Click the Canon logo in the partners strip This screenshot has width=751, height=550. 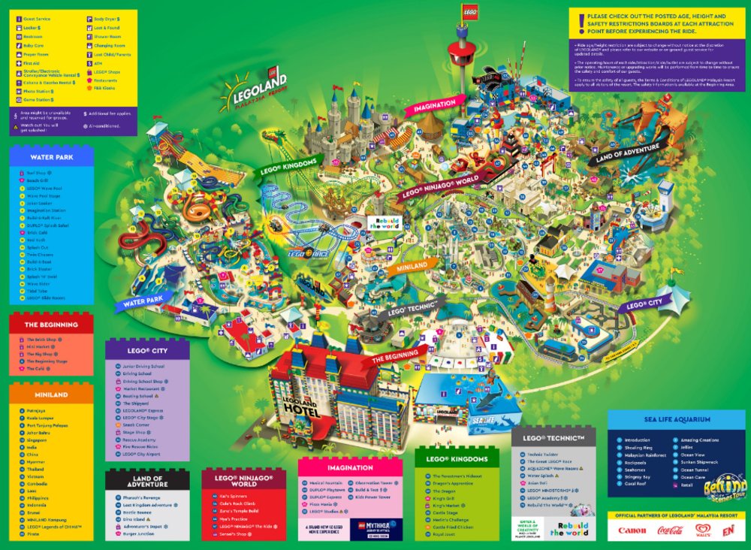point(632,530)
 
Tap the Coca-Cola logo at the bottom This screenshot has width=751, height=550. point(668,530)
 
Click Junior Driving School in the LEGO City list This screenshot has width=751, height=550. point(143,366)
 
